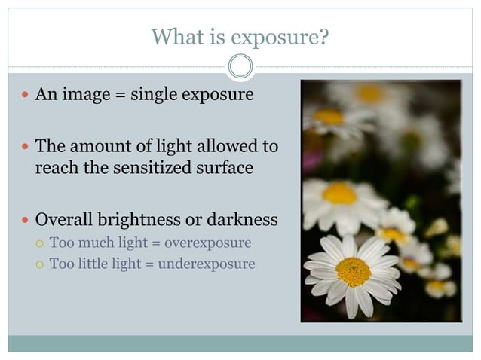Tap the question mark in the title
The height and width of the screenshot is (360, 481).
[325, 36]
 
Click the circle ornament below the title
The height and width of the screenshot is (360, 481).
[240, 67]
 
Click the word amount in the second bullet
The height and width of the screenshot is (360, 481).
[96, 145]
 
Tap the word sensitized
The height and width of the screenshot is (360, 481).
[146, 167]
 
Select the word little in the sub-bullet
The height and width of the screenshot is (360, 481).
[95, 264]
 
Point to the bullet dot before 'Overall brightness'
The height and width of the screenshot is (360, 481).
[25, 221]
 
